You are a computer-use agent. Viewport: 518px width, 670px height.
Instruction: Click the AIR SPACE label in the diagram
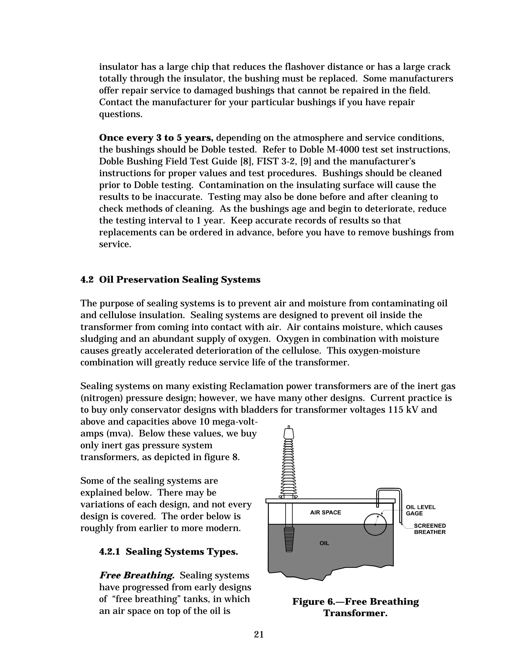click(x=325, y=512)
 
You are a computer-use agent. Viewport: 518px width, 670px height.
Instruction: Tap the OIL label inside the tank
click(x=324, y=543)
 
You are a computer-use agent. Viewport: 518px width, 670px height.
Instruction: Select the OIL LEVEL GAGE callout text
click(x=420, y=510)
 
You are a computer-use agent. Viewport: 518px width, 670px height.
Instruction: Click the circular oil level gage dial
click(x=375, y=525)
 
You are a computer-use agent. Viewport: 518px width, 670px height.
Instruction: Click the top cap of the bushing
click(x=289, y=433)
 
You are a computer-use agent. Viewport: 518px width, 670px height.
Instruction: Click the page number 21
click(x=259, y=634)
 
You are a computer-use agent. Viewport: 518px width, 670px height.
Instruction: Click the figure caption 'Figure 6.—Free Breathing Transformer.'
click(x=355, y=607)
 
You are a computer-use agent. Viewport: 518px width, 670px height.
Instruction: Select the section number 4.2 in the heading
click(x=87, y=280)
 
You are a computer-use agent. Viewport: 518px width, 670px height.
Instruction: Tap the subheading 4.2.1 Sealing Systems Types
click(x=168, y=552)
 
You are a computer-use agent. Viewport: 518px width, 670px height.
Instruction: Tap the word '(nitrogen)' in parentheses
click(x=102, y=398)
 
